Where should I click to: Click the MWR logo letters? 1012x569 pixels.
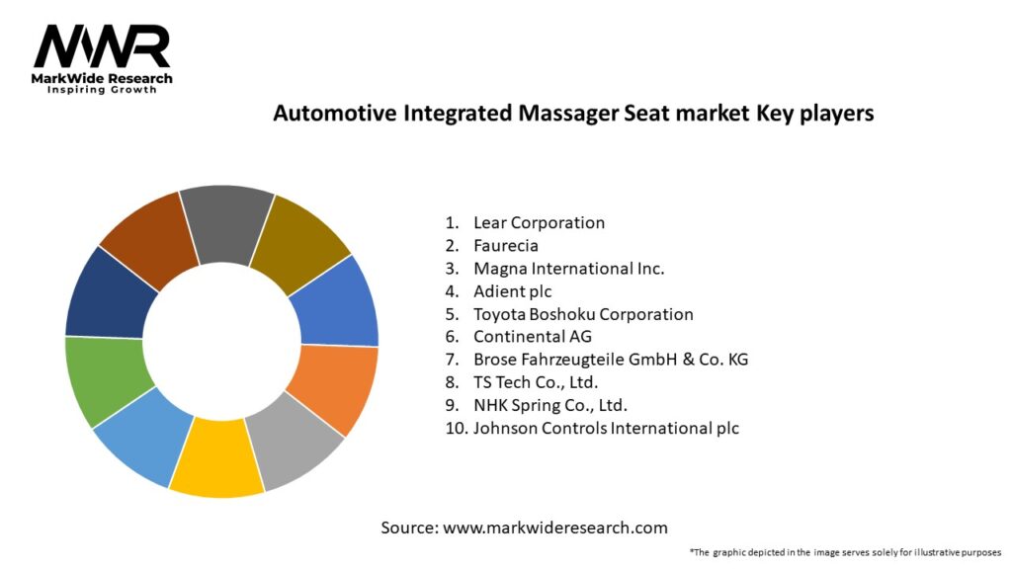pos(102,46)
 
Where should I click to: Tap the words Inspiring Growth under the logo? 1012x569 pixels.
pos(102,90)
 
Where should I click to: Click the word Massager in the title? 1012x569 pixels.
pos(559,114)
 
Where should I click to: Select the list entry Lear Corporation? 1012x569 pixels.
pos(539,223)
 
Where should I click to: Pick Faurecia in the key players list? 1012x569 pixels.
pos(505,246)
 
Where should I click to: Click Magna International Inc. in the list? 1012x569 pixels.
pos(568,269)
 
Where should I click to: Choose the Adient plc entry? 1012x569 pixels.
pos(512,291)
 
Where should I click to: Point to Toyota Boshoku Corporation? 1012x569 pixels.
pos(583,314)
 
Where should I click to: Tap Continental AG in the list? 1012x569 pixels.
pos(533,337)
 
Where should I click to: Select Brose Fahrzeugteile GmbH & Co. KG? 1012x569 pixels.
pos(610,360)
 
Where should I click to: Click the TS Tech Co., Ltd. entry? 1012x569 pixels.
pos(536,382)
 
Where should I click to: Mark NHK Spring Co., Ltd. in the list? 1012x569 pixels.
pos(550,405)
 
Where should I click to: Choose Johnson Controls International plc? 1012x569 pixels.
pos(606,428)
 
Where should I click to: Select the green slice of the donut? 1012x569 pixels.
pos(107,379)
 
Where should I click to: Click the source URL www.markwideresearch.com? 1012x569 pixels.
pos(554,528)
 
